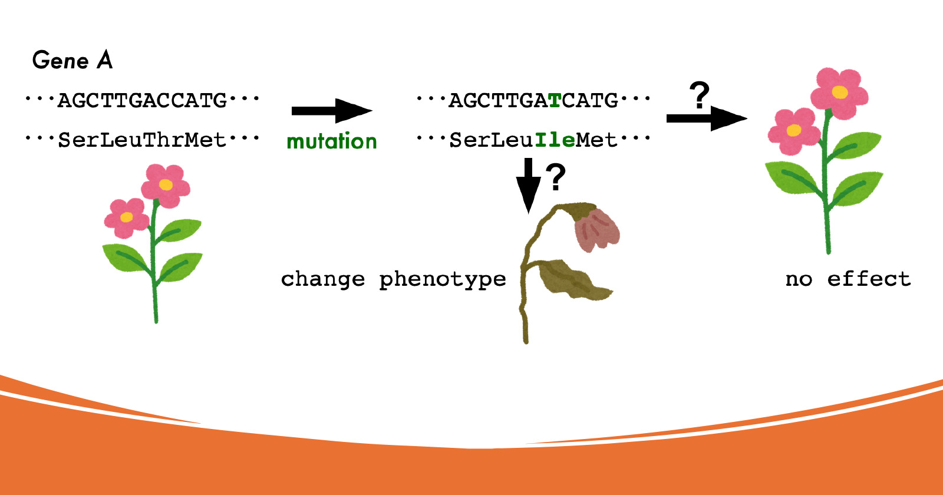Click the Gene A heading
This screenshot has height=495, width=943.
pyautogui.click(x=72, y=60)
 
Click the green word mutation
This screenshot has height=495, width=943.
pyautogui.click(x=332, y=141)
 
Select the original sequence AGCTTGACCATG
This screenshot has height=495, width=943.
pyautogui.click(x=142, y=101)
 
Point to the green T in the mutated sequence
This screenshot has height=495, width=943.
pyautogui.click(x=555, y=101)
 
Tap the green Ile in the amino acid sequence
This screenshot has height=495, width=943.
pyautogui.click(x=555, y=140)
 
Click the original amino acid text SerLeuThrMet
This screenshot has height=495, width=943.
pyautogui.click(x=142, y=140)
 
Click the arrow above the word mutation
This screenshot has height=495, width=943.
pyautogui.click(x=332, y=111)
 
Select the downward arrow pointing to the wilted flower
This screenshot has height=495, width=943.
pyautogui.click(x=528, y=186)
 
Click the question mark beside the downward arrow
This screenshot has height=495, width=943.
pyautogui.click(x=556, y=177)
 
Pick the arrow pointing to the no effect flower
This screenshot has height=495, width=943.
pyautogui.click(x=707, y=118)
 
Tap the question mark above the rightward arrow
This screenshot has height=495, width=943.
pyautogui.click(x=699, y=95)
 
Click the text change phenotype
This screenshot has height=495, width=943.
pyautogui.click(x=394, y=279)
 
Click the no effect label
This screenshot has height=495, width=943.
pyautogui.click(x=848, y=279)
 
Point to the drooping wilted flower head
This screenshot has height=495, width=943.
pyautogui.click(x=596, y=229)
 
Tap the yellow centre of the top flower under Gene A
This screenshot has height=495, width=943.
pyautogui.click(x=166, y=184)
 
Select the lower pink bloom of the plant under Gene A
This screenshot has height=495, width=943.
pyautogui.click(x=126, y=218)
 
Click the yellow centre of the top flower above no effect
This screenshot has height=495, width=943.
pyautogui.click(x=839, y=92)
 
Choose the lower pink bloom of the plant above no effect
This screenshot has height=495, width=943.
pyautogui.click(x=794, y=131)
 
